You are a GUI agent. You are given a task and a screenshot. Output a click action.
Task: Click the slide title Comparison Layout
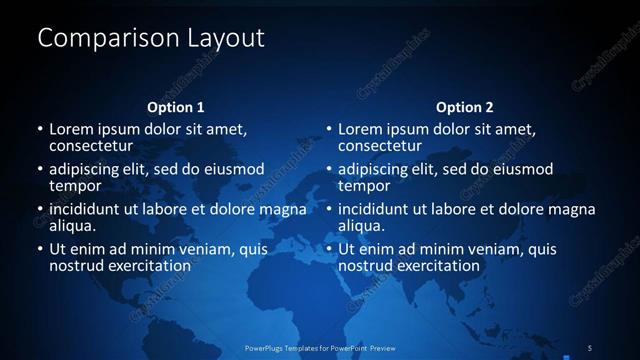tap(150, 39)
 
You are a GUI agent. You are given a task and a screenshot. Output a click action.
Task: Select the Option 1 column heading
tap(175, 107)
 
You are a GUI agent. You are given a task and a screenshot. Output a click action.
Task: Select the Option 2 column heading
tap(464, 107)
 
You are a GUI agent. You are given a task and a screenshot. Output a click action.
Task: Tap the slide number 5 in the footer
tap(589, 347)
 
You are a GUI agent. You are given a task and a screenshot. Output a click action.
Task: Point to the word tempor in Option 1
tap(75, 186)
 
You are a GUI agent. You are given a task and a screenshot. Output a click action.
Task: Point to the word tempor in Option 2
tap(364, 186)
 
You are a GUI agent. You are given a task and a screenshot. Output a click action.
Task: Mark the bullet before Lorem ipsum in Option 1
tap(40, 130)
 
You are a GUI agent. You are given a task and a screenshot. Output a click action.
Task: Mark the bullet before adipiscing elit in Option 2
tap(329, 170)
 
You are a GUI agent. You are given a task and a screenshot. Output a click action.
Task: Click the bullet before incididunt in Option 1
tap(40, 210)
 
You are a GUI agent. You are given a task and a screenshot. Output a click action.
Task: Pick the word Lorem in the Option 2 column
tap(361, 129)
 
